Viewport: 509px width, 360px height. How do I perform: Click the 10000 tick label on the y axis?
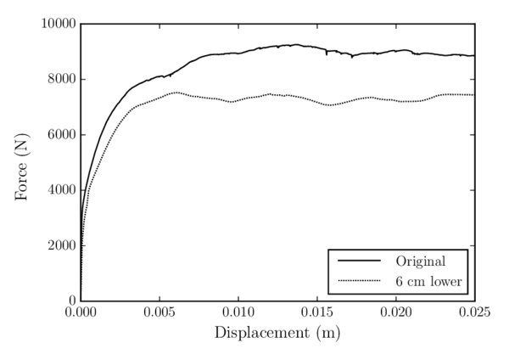point(57,25)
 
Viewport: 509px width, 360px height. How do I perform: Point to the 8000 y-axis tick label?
point(60,80)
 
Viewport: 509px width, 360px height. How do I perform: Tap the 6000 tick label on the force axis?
point(60,135)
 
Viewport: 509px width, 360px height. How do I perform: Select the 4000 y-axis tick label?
point(60,190)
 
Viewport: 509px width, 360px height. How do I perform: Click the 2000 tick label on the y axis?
point(60,246)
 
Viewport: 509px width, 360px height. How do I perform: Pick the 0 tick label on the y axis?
point(71,301)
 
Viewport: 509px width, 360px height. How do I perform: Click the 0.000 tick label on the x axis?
point(81,313)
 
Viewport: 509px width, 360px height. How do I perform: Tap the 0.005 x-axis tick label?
point(159,313)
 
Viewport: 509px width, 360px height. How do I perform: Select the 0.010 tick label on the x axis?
point(238,313)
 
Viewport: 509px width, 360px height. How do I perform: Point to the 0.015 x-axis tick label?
point(317,313)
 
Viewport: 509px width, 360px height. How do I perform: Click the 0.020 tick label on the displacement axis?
point(396,313)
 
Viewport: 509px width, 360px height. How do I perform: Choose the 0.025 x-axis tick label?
point(473,313)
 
